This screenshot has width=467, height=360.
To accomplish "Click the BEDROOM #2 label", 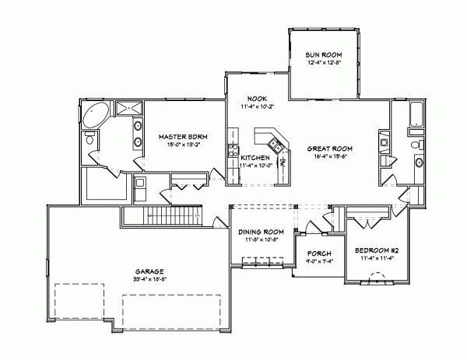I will coord(377,250).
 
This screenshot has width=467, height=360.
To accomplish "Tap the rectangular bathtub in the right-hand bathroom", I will coord(416,114).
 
